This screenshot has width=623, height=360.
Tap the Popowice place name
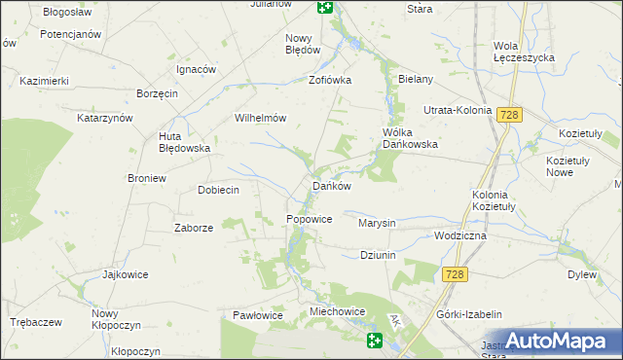(x=310, y=220)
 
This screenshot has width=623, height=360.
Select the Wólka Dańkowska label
(x=410, y=138)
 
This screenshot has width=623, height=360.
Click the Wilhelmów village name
(x=259, y=118)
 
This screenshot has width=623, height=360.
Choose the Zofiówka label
(x=329, y=81)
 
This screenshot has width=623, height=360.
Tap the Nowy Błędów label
(x=303, y=44)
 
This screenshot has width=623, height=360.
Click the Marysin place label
(x=377, y=223)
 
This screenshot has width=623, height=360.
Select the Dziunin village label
(x=381, y=255)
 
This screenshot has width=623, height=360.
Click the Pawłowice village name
(x=257, y=316)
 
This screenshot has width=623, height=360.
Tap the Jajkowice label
(x=125, y=274)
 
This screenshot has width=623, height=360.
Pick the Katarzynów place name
(x=104, y=118)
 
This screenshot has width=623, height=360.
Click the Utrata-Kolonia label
(x=457, y=110)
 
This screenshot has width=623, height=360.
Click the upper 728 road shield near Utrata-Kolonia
(x=509, y=115)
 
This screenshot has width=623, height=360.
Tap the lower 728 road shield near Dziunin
(x=454, y=275)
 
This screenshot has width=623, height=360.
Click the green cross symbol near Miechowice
(x=376, y=341)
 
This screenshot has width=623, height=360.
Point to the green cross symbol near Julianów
(x=325, y=7)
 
